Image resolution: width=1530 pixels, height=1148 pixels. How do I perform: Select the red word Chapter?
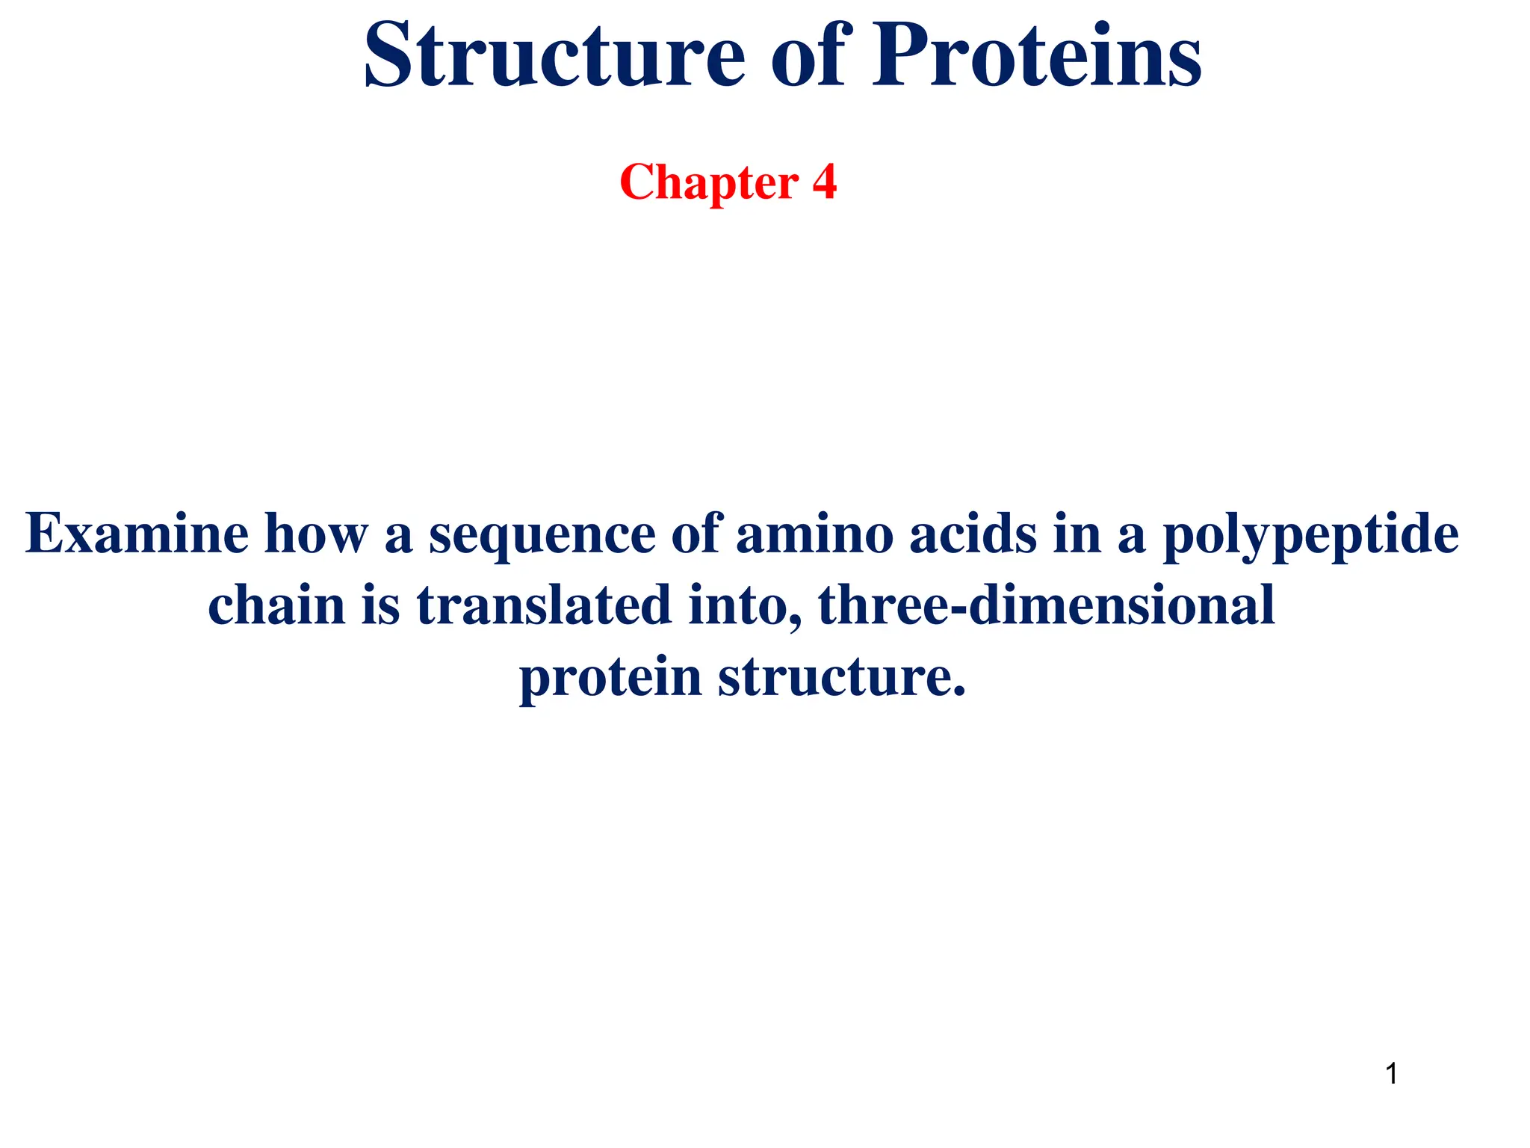tap(709, 182)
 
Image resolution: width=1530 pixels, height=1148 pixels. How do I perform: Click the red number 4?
tap(824, 182)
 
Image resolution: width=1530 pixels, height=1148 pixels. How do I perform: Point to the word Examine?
tap(137, 534)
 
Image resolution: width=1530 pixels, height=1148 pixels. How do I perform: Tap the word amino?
tap(814, 534)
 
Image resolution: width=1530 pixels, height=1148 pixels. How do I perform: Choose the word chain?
tap(276, 605)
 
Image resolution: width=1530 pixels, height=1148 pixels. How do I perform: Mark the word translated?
tap(544, 605)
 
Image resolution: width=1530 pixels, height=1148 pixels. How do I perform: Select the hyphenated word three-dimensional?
tap(1047, 605)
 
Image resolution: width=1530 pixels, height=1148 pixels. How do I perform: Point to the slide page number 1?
tap(1391, 1074)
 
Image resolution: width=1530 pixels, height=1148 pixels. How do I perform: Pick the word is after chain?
tap(381, 605)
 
